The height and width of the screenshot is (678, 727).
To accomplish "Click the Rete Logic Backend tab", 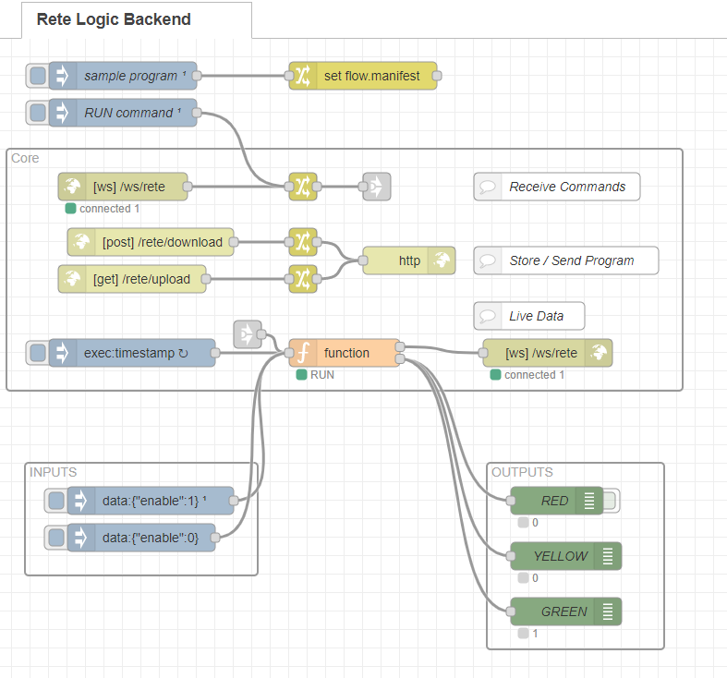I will point(114,19).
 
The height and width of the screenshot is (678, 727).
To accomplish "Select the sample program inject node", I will point(129,76).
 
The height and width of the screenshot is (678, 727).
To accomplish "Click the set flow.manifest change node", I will point(370,76).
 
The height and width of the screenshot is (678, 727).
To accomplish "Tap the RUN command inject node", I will point(129,113).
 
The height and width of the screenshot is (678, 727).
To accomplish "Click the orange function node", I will point(345,353).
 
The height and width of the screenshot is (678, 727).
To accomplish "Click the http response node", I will point(408,260).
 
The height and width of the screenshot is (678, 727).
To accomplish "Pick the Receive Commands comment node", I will point(565,187).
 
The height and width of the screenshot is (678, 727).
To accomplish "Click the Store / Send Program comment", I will point(570,260).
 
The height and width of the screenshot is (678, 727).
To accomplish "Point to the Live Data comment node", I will point(536,316).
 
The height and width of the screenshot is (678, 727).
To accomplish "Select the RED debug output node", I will point(555,501).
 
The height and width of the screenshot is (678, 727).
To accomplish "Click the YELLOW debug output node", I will point(559,556).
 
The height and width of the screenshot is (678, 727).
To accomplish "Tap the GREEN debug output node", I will point(563,611).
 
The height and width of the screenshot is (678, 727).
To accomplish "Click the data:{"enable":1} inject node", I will point(153,501).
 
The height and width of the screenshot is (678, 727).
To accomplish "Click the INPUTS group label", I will point(53,472).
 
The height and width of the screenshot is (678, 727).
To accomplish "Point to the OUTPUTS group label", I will point(522,472).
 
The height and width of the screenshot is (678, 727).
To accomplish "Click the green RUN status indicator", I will point(301,375).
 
